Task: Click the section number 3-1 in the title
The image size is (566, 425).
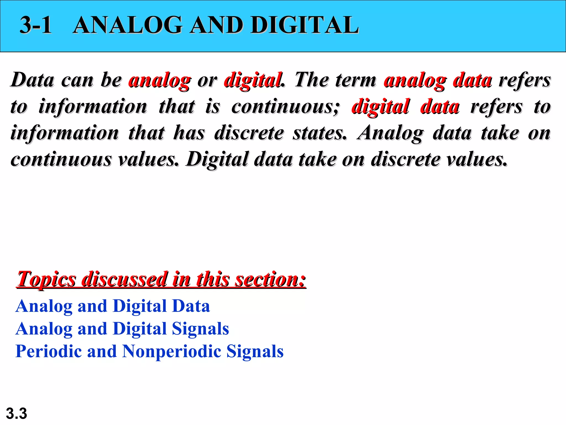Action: click(x=36, y=25)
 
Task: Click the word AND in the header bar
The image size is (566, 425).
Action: click(x=216, y=25)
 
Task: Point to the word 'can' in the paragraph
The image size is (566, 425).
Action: click(x=77, y=81)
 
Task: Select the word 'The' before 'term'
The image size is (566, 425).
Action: click(x=311, y=80)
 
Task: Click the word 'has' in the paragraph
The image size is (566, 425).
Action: click(x=189, y=133)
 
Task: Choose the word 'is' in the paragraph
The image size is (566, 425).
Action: click(x=213, y=107)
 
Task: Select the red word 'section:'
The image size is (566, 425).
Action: click(x=271, y=279)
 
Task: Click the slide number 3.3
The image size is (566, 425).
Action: click(x=16, y=414)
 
